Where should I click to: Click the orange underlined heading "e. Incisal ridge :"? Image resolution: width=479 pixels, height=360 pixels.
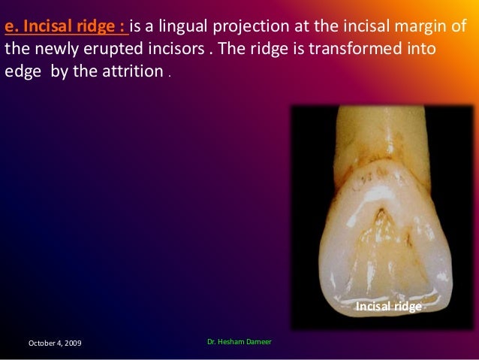click(x=66, y=28)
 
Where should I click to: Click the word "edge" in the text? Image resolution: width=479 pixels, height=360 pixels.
click(x=22, y=75)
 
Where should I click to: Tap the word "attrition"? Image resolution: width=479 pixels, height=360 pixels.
click(x=134, y=75)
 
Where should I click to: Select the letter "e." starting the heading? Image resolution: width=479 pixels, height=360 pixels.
click(x=10, y=28)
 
